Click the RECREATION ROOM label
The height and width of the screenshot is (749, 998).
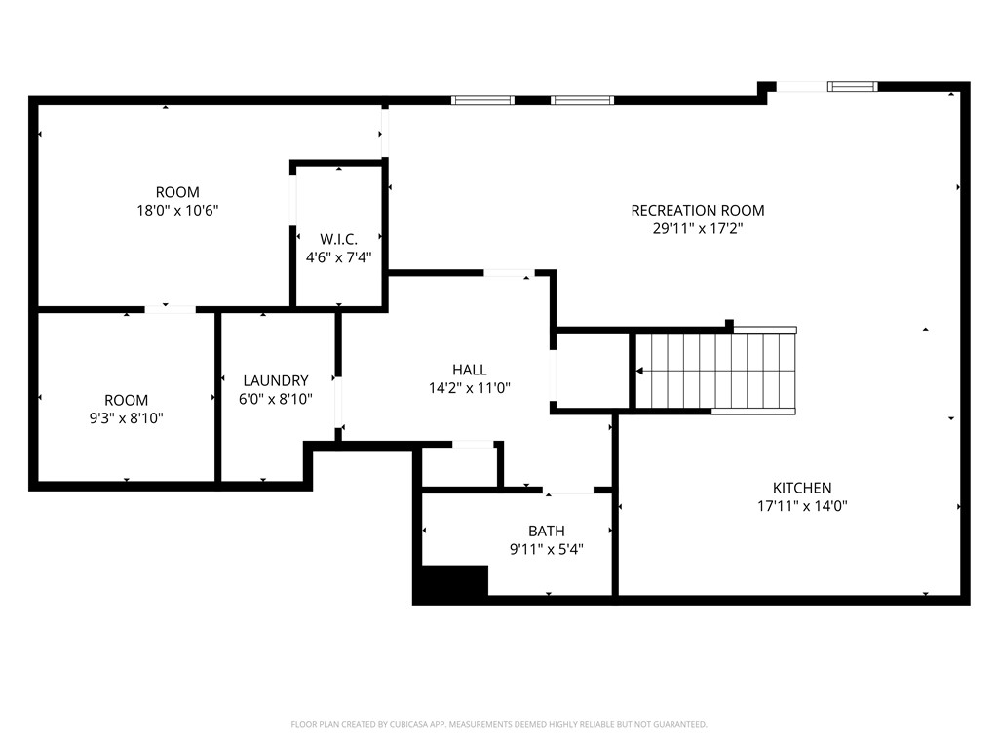click(x=697, y=210)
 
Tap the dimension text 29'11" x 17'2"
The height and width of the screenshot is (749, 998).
click(x=697, y=229)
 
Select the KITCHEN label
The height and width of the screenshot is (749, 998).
click(x=802, y=488)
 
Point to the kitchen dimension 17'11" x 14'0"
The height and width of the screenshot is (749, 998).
click(x=802, y=506)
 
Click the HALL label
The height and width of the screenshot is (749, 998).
click(x=469, y=370)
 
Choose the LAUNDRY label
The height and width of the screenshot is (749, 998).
click(x=276, y=380)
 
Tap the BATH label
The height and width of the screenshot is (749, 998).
click(x=546, y=531)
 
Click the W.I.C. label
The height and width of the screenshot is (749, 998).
click(x=338, y=239)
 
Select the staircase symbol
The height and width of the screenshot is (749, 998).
click(x=716, y=371)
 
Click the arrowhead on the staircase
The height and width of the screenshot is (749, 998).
click(x=640, y=371)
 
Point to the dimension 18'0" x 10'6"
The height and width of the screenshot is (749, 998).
click(x=177, y=210)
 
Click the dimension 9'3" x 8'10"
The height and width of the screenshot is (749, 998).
click(x=127, y=417)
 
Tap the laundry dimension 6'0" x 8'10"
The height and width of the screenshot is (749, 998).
click(x=276, y=399)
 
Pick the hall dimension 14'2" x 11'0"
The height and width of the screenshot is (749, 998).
click(x=469, y=387)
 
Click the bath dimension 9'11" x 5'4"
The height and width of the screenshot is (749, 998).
click(x=546, y=548)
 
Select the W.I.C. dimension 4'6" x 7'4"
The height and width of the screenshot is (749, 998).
click(x=338, y=257)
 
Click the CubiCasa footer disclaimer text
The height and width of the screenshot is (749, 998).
click(x=499, y=724)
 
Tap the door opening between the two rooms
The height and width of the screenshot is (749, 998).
click(x=171, y=309)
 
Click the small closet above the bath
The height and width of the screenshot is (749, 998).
click(x=460, y=465)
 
